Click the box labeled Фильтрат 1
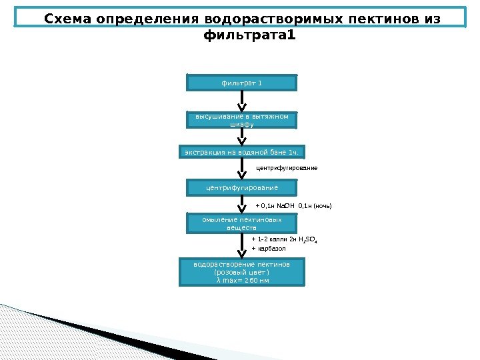pyautogui.click(x=241, y=83)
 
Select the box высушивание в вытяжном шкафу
pyautogui.click(x=241, y=119)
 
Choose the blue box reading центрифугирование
pyautogui.click(x=241, y=188)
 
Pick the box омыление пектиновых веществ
pyautogui.click(x=241, y=223)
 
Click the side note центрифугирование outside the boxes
pyautogui.click(x=287, y=168)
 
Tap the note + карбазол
pyautogui.click(x=269, y=249)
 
